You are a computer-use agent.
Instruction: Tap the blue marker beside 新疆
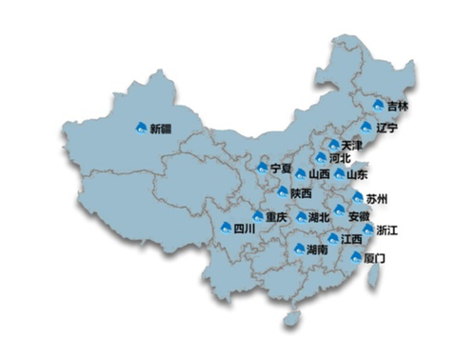(x=142, y=127)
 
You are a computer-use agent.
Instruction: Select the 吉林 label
(x=399, y=107)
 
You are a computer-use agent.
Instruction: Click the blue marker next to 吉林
(x=378, y=105)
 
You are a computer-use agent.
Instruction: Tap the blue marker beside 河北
(x=321, y=157)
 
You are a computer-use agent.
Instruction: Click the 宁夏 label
(x=280, y=168)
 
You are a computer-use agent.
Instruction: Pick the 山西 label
(x=319, y=175)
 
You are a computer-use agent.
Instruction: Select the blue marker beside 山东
(x=339, y=174)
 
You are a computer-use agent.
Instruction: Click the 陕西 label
(x=301, y=193)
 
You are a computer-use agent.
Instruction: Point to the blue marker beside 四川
(x=227, y=228)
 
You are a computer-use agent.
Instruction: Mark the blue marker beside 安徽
(x=339, y=210)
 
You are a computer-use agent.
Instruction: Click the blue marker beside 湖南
(x=301, y=249)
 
